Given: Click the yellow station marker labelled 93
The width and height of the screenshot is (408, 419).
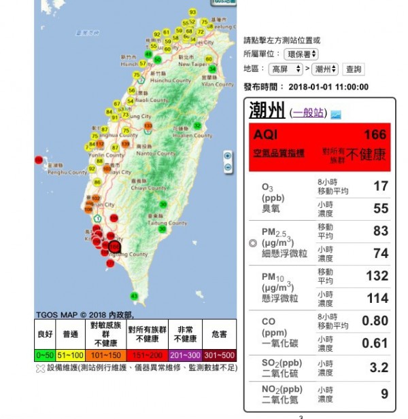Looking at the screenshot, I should pyautogui.click(x=192, y=12).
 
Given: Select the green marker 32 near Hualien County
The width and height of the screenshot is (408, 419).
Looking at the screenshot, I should pyautogui.click(x=197, y=126).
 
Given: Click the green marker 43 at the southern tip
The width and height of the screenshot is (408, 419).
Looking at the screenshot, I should pyautogui.click(x=134, y=295).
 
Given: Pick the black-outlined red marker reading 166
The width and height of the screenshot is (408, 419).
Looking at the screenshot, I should pyautogui.click(x=114, y=247).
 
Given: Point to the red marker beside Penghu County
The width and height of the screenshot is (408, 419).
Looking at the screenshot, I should pyautogui.click(x=39, y=160).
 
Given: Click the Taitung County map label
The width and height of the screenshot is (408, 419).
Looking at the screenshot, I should pyautogui.click(x=168, y=223).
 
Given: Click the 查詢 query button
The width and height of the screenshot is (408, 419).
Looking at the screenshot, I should pyautogui.click(x=354, y=69).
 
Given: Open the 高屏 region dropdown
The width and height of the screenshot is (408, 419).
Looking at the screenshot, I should pyautogui.click(x=286, y=69).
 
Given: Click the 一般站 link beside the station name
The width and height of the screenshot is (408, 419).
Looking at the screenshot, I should pyautogui.click(x=309, y=113).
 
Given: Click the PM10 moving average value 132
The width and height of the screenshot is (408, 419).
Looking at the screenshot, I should pyautogui.click(x=377, y=276).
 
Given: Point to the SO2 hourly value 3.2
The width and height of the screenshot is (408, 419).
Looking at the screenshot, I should pyautogui.click(x=379, y=367).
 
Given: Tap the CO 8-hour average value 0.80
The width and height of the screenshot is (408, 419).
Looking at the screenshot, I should pyautogui.click(x=375, y=321).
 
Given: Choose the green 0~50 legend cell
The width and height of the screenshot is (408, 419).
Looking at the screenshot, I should pyautogui.click(x=45, y=354).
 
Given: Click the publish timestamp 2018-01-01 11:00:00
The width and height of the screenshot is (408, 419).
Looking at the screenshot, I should pyautogui.click(x=328, y=87).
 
